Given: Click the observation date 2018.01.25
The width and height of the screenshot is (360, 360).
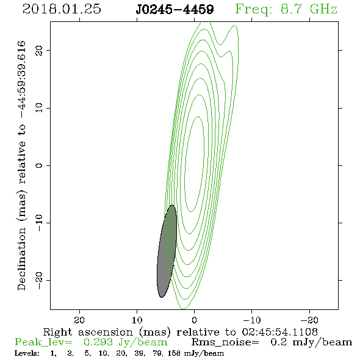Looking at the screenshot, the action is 62,9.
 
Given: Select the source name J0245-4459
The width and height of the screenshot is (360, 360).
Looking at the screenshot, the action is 175,9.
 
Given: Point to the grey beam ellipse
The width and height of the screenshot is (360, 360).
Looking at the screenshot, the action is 167,251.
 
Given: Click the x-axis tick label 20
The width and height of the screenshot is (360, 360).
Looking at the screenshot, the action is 79,320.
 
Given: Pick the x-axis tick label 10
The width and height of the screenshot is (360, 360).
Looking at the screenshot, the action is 137,320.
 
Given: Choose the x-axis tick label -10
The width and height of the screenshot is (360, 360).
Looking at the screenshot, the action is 252,320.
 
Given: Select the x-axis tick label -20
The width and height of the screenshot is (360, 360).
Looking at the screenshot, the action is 309,320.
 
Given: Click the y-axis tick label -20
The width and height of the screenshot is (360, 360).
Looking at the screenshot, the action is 39,280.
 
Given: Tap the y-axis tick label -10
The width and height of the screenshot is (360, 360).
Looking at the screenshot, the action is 39,223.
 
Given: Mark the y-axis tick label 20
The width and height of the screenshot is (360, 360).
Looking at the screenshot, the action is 39,50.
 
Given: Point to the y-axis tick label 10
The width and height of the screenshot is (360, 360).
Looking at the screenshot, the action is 39,107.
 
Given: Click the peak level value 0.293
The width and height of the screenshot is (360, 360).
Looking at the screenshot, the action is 98,342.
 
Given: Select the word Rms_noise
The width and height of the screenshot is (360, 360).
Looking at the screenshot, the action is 225,342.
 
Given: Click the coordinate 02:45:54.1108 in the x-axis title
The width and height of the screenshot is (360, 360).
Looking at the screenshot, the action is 280,332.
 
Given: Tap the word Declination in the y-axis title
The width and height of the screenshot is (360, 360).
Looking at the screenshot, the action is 21,259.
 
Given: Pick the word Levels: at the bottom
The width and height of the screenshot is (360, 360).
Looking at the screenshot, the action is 27,353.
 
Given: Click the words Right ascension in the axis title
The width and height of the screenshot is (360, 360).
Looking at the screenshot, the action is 88,332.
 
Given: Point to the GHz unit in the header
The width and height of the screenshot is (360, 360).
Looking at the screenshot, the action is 323,9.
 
